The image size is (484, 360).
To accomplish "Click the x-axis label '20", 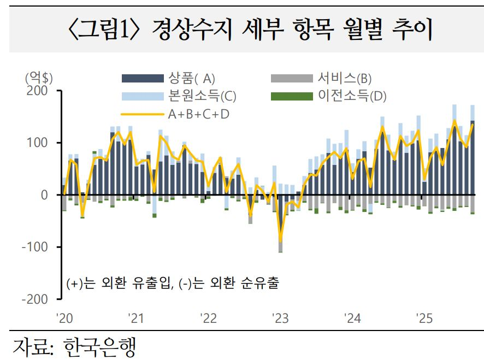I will pyautogui.click(x=64, y=318).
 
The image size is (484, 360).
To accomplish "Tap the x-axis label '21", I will pyautogui.click(x=135, y=318).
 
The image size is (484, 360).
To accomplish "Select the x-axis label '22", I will pyautogui.click(x=208, y=318).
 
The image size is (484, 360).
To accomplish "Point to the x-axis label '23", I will pyautogui.click(x=280, y=318).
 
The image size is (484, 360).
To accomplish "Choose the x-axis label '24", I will pyautogui.click(x=352, y=318).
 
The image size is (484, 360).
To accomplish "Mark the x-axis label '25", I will pyautogui.click(x=424, y=318).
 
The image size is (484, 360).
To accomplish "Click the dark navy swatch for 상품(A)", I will pyautogui.click(x=143, y=79).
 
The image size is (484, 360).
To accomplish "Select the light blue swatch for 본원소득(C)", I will pyautogui.click(x=143, y=97).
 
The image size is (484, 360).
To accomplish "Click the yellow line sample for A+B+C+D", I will pyautogui.click(x=143, y=115).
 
